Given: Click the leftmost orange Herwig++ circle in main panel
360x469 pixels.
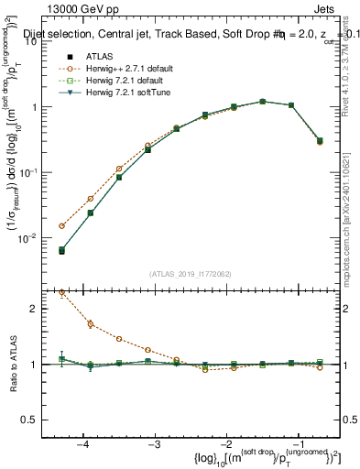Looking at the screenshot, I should click(x=61, y=225).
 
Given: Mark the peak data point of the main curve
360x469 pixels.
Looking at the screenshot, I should click(x=262, y=102).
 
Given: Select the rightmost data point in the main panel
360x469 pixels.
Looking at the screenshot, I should click(x=319, y=141).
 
